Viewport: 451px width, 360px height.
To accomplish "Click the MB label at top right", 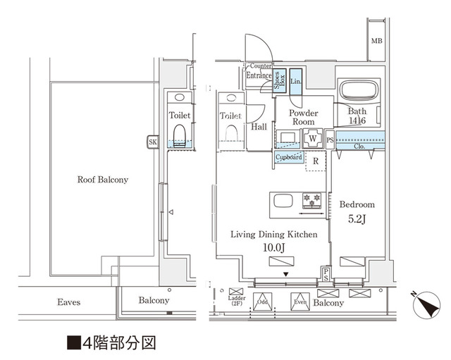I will (378, 41).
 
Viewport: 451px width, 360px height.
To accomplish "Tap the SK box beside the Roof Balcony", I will (152, 142).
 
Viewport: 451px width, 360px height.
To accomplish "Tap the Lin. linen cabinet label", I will (296, 82).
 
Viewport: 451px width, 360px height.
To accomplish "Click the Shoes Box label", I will (278, 80).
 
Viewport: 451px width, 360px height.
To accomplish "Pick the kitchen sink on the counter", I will (283, 201).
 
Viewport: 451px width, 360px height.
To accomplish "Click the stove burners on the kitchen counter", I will (311, 201).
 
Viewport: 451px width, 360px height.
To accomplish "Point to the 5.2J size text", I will (357, 218).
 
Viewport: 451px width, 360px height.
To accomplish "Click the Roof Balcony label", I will (103, 180).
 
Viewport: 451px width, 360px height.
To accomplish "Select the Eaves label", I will (68, 302).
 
